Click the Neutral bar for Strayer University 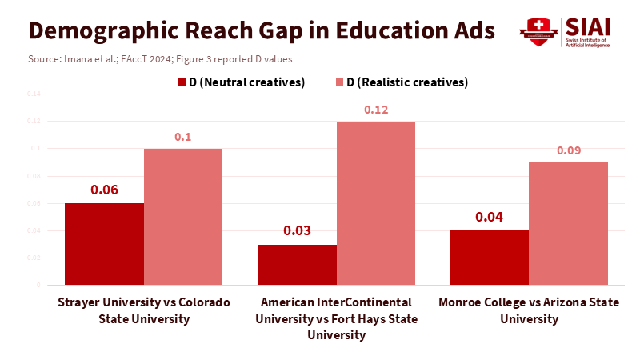104,244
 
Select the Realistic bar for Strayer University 183,217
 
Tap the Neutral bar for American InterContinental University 297,265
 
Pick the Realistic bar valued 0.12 376,203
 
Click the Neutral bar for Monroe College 490,258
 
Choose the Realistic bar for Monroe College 569,223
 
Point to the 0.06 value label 104,190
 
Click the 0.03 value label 297,231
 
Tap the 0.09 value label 569,150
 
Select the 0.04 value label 490,217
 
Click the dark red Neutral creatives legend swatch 181,82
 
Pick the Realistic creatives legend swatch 339,82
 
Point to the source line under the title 159,59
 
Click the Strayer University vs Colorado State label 144,310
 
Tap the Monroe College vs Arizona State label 529,310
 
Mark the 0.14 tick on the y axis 33,94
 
